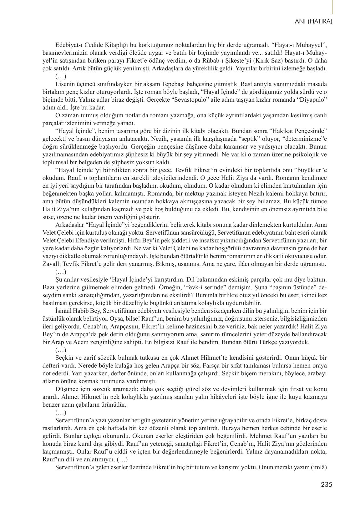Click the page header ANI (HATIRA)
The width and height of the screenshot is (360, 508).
(313, 22)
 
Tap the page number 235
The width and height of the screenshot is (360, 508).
(326, 485)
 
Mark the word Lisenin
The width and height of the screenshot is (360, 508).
(64, 84)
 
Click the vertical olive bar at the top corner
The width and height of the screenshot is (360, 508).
(332, 7)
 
